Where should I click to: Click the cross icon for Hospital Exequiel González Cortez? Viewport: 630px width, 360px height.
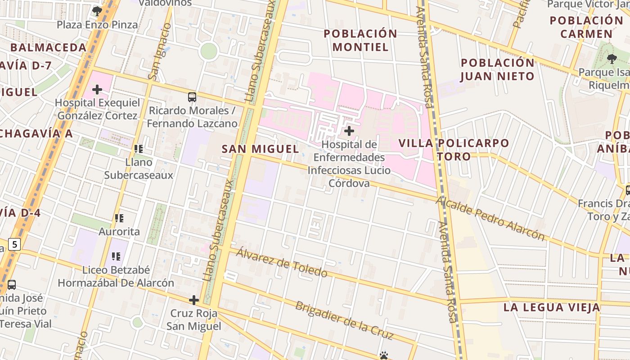pyautogui.click(x=97, y=90)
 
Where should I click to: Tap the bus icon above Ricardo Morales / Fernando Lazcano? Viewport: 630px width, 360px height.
pyautogui.click(x=192, y=97)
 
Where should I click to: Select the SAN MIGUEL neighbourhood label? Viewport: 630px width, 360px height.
pyautogui.click(x=260, y=149)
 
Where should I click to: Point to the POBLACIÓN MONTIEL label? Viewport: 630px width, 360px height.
pyautogui.click(x=360, y=40)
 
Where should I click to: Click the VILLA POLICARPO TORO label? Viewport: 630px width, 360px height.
pyautogui.click(x=454, y=150)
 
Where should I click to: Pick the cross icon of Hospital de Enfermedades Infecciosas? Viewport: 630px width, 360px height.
pyautogui.click(x=349, y=131)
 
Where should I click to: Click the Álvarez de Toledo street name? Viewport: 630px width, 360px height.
pyautogui.click(x=282, y=262)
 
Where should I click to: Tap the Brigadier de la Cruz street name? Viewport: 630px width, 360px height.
pyautogui.click(x=344, y=320)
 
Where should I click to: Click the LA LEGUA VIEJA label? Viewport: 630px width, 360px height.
pyautogui.click(x=551, y=307)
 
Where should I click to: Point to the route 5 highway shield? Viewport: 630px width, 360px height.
pyautogui.click(x=15, y=244)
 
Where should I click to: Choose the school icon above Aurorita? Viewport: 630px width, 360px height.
pyautogui.click(x=119, y=218)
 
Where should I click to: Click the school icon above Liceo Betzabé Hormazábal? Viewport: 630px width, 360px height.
pyautogui.click(x=116, y=256)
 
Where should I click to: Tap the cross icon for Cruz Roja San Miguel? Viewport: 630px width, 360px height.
pyautogui.click(x=194, y=300)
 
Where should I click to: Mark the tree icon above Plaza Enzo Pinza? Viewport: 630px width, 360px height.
pyautogui.click(x=97, y=11)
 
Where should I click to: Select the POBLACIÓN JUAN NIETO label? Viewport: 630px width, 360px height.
pyautogui.click(x=497, y=69)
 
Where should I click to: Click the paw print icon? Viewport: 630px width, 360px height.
pyautogui.click(x=383, y=355)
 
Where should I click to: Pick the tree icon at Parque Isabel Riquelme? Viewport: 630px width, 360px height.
pyautogui.click(x=612, y=58)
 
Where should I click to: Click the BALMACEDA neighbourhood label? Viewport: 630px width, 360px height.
pyautogui.click(x=48, y=47)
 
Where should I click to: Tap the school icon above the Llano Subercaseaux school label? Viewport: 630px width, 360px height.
pyautogui.click(x=138, y=148)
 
